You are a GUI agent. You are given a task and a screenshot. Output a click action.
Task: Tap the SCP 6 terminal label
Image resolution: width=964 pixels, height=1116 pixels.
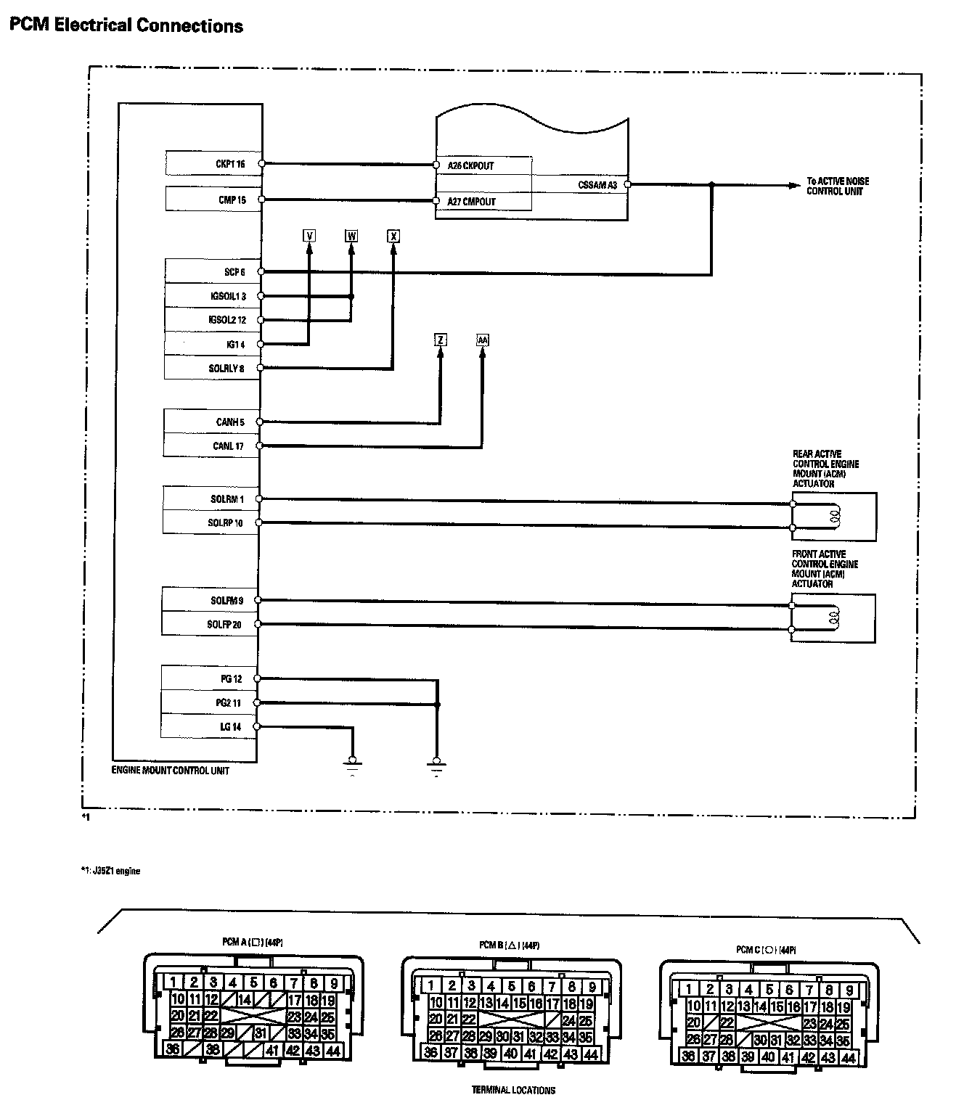(234, 272)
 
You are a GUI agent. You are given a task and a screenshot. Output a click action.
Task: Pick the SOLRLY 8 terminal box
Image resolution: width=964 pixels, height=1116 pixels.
(212, 368)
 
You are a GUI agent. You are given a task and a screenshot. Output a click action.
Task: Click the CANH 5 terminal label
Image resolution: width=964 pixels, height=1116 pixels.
(230, 422)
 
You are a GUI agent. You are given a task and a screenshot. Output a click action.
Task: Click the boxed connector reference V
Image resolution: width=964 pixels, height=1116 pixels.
(309, 236)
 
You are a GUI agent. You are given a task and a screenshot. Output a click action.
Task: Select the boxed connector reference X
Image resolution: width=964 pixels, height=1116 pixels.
(393, 236)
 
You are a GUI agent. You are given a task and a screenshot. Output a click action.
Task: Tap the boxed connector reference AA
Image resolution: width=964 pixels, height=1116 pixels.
(483, 340)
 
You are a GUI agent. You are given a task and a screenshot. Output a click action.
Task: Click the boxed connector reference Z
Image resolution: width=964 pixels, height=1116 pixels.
(441, 340)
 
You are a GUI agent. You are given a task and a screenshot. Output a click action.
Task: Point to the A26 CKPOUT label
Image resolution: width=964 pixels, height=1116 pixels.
(470, 165)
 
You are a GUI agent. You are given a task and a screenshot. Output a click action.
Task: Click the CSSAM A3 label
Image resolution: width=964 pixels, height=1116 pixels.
(597, 185)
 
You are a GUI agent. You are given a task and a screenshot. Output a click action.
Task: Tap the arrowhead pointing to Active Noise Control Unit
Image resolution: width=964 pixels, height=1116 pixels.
(795, 185)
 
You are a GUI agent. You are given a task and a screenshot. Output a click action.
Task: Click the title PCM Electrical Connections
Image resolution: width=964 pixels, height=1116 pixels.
(126, 26)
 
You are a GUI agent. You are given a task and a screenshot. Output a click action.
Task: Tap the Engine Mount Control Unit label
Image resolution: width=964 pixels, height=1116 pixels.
(170, 770)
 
